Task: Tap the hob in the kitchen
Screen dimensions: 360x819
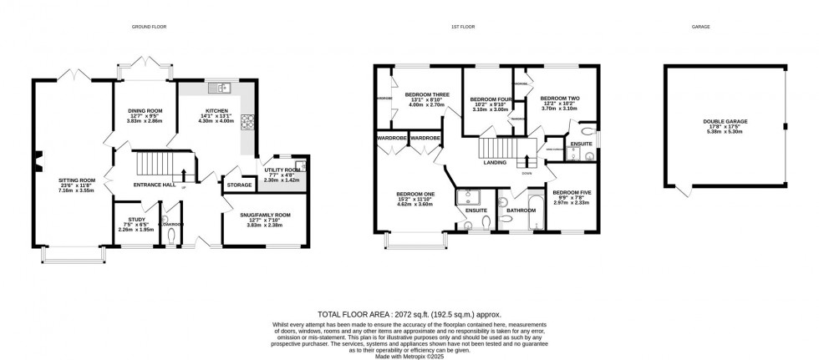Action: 247,122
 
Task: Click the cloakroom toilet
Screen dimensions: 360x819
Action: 172,237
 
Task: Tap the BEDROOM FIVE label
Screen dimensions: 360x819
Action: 571,192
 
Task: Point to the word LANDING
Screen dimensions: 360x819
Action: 495,163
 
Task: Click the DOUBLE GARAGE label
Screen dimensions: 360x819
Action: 725,121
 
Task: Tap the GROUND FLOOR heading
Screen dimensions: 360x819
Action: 150,27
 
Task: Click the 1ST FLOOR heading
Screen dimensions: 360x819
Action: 463,27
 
